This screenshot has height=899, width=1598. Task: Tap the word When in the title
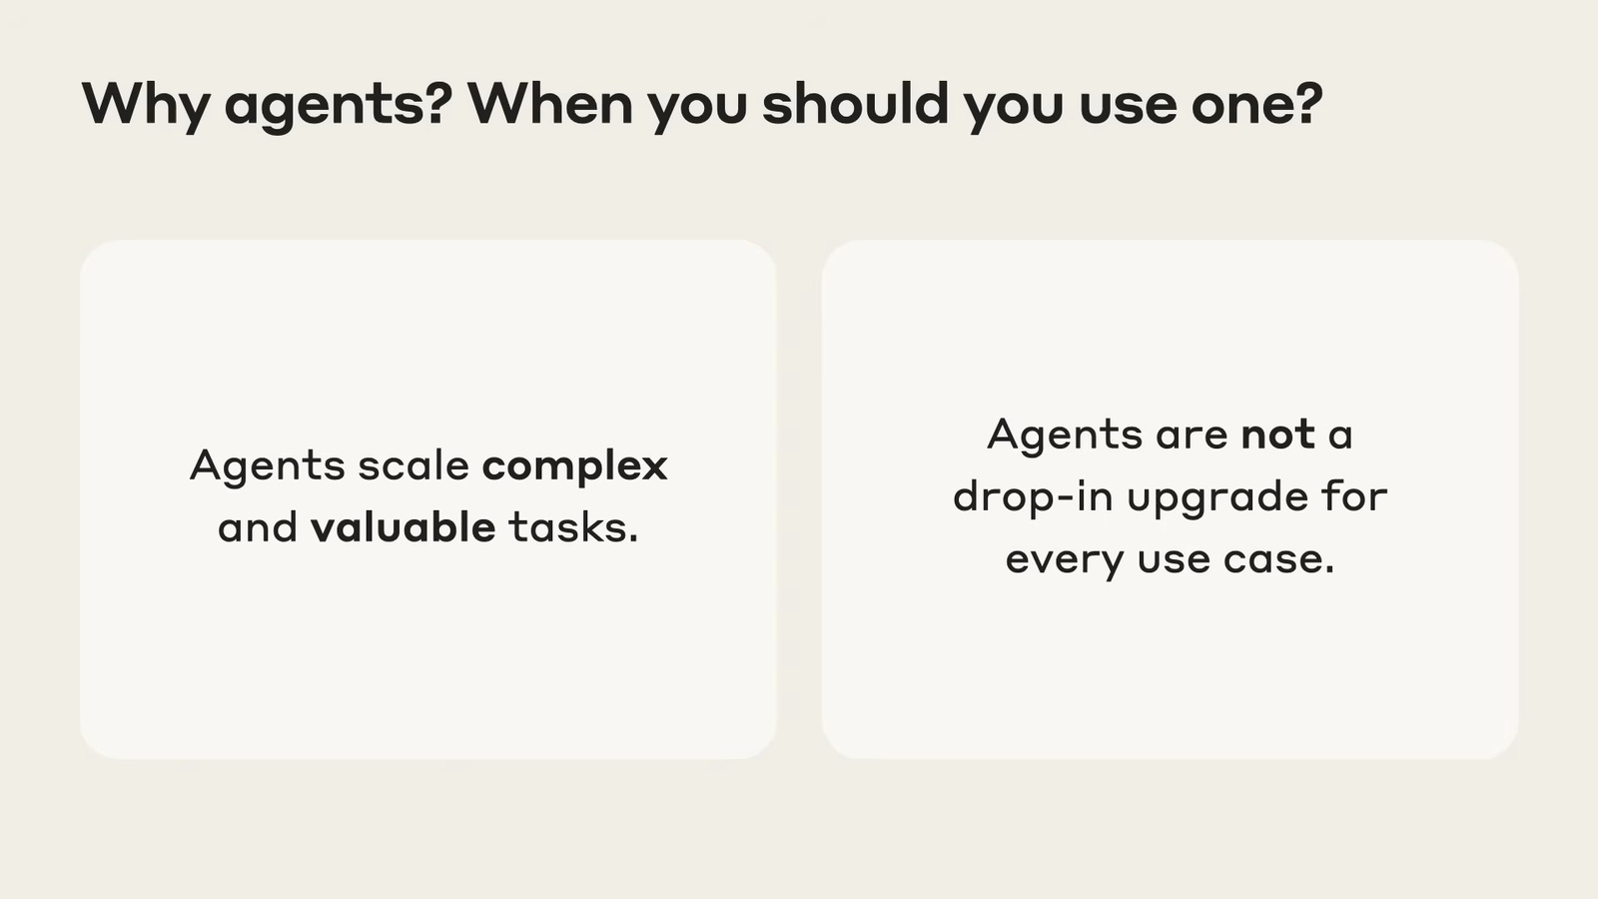click(550, 104)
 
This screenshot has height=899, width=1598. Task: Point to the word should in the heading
click(855, 103)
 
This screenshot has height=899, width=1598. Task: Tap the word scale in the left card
click(413, 465)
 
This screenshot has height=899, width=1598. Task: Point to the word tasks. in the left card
click(573, 528)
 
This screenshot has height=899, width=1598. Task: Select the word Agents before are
click(1065, 436)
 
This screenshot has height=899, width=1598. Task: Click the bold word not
click(1278, 435)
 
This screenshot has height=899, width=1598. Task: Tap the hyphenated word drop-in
click(1033, 495)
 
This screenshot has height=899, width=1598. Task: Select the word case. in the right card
click(1278, 559)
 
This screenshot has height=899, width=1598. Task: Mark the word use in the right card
click(1175, 559)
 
